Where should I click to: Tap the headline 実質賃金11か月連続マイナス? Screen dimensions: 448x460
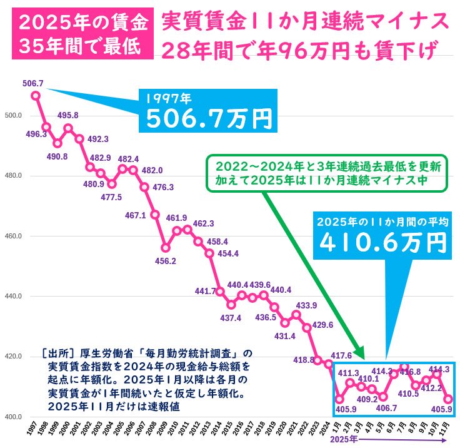click(x=305, y=21)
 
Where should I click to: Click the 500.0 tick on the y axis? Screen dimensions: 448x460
click(x=13, y=116)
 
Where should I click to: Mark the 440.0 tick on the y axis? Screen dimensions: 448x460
click(x=13, y=297)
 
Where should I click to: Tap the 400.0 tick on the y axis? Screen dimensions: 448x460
click(x=13, y=417)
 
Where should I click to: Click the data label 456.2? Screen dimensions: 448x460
click(x=165, y=260)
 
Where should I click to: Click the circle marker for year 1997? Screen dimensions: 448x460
click(x=36, y=96)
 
